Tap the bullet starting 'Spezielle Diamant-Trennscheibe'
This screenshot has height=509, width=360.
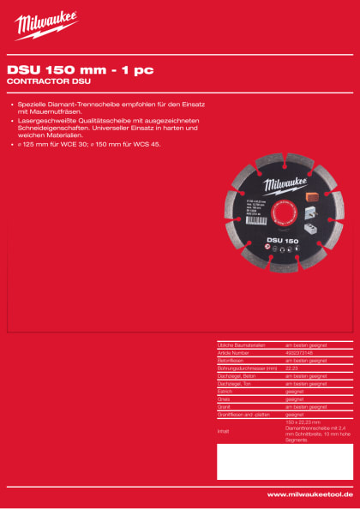coord(111,107)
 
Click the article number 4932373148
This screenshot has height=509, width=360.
coord(300,350)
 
